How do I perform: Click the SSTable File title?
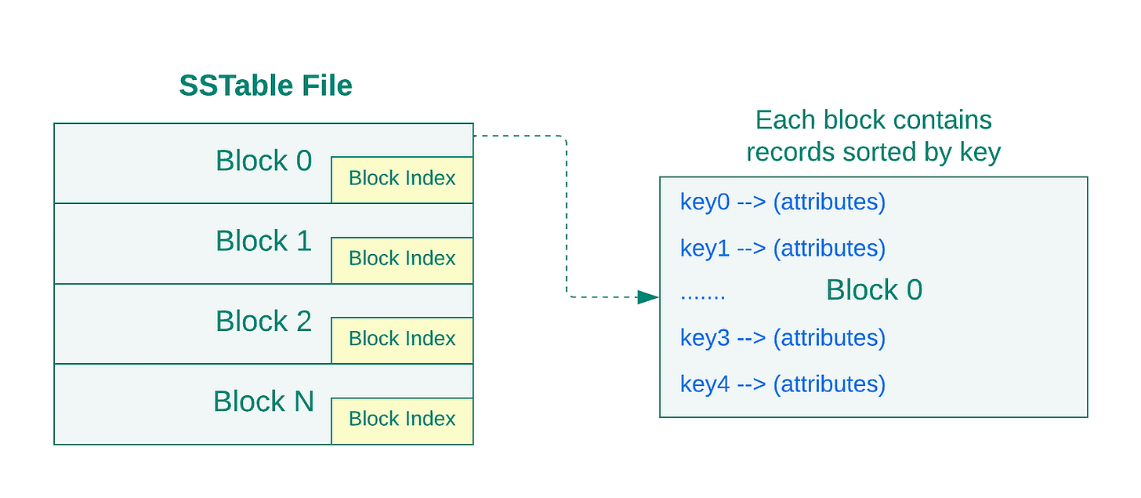click(x=266, y=85)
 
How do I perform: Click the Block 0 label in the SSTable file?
click(x=263, y=161)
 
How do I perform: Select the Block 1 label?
click(x=263, y=241)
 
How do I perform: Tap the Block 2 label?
click(x=263, y=321)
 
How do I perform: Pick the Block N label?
click(x=263, y=402)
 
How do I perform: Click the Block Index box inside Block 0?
click(x=402, y=180)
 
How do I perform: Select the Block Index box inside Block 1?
click(x=402, y=260)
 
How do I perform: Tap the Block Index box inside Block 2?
click(x=402, y=340)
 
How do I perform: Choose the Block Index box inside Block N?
click(x=402, y=420)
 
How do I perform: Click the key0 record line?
click(x=783, y=202)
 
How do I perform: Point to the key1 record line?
click(x=783, y=249)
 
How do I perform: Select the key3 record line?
click(x=783, y=339)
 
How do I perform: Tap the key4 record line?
click(x=783, y=385)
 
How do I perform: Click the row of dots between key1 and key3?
click(x=702, y=296)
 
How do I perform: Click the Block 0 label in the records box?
click(x=874, y=289)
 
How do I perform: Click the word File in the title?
click(x=327, y=85)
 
